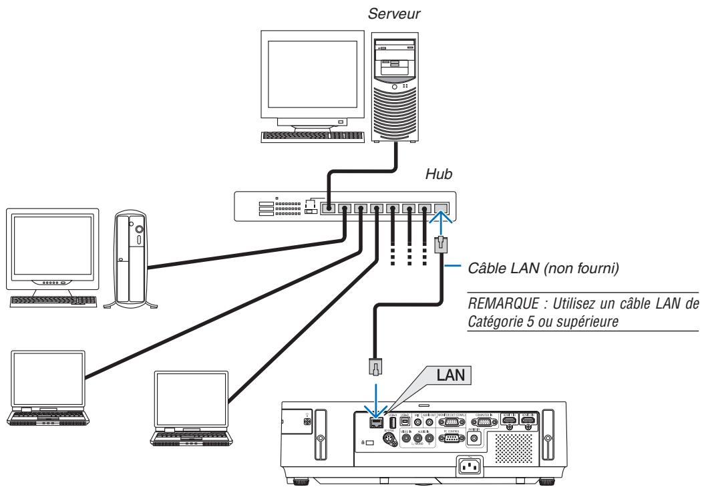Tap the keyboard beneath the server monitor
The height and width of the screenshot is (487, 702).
(313, 136)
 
